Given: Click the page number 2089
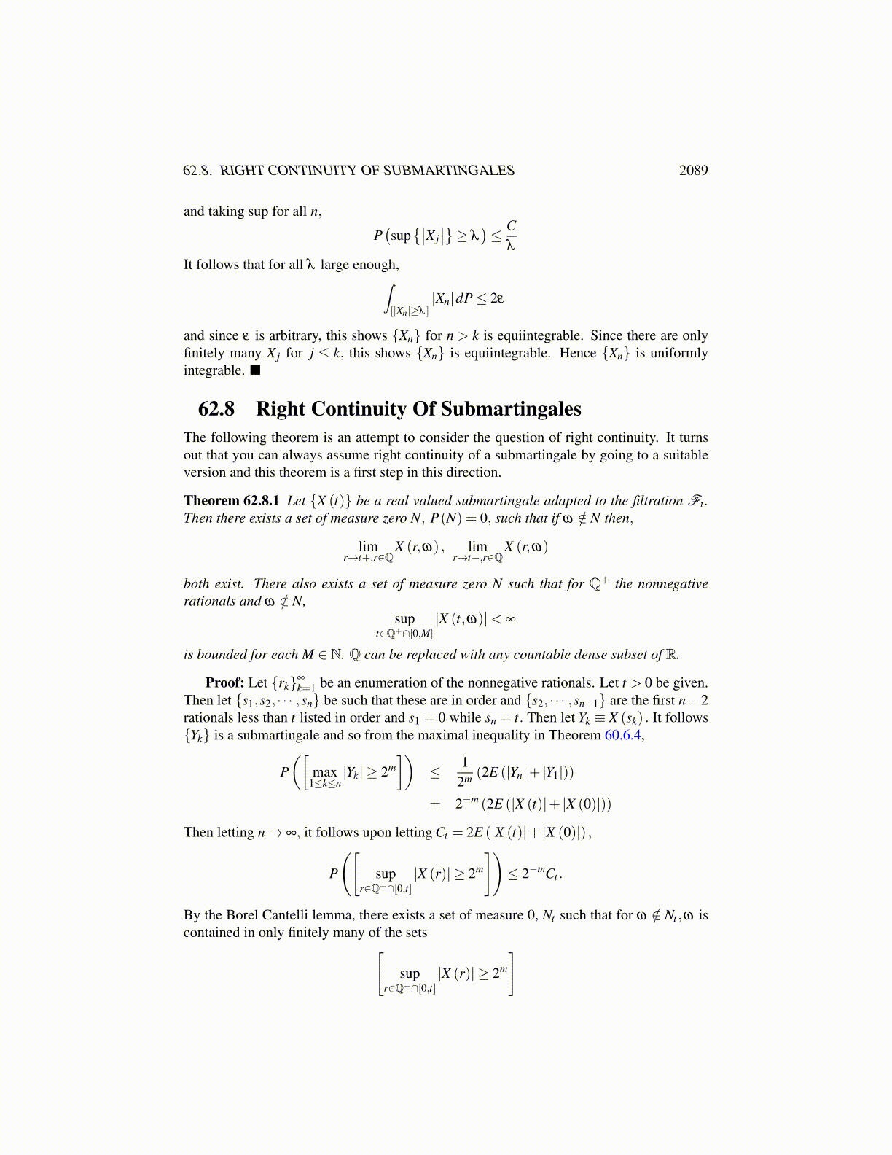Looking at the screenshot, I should pos(693,170).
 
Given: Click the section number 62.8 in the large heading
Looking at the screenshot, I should pos(216,409).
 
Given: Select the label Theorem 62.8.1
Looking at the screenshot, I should pos(231,501).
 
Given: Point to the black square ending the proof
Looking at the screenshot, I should pos(254,370).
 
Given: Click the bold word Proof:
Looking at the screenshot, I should pos(224,683).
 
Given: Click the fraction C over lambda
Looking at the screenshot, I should pos(511,236).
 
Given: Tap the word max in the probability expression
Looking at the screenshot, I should pos(324,772).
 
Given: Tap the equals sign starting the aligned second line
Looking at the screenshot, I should pos(435,804).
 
